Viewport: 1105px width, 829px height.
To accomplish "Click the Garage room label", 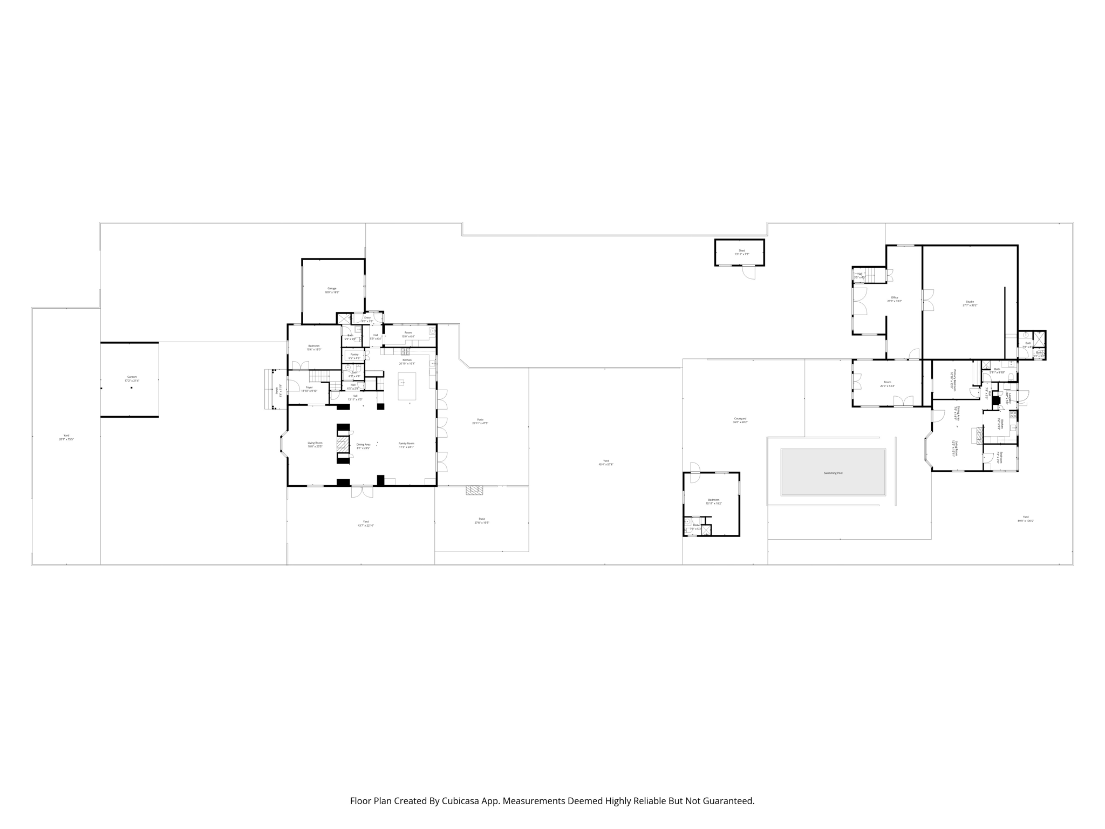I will click(x=332, y=288).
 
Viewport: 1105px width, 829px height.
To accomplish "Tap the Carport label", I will click(x=132, y=377).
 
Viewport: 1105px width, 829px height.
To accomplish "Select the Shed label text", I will click(x=742, y=250).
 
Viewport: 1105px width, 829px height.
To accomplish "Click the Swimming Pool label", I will click(x=833, y=473).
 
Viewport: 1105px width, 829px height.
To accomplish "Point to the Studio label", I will click(x=970, y=302).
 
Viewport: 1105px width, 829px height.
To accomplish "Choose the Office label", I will click(x=894, y=298).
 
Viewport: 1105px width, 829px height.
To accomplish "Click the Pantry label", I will click(x=354, y=355).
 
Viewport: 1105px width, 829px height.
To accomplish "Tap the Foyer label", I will click(x=309, y=387).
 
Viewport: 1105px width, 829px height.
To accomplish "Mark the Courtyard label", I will click(x=740, y=418).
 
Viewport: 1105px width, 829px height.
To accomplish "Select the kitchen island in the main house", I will click(x=407, y=385).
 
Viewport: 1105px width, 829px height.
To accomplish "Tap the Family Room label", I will click(x=406, y=443).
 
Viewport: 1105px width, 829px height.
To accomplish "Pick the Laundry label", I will click(x=1007, y=398).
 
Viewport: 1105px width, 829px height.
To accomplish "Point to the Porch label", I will click(x=277, y=389).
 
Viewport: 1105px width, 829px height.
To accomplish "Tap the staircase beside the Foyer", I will click(x=319, y=377).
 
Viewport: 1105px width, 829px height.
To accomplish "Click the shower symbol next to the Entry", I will click(x=344, y=318).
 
